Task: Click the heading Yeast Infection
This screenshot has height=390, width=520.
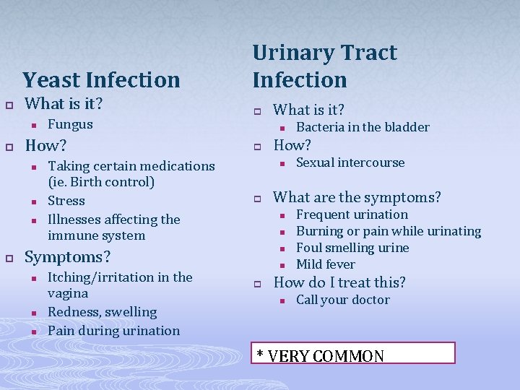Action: tap(101, 79)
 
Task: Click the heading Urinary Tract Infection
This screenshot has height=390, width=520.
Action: tap(324, 66)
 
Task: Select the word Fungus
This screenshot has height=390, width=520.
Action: tap(70, 124)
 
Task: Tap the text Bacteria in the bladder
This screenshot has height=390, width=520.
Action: tap(363, 127)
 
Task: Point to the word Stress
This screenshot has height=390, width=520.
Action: tap(66, 201)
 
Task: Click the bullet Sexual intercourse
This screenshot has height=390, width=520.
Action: tap(350, 162)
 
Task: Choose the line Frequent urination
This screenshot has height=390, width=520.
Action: tap(352, 214)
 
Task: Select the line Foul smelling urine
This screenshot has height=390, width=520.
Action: tap(352, 248)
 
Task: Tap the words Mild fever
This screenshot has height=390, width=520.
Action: tap(326, 264)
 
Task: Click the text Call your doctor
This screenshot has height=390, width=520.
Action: tap(343, 300)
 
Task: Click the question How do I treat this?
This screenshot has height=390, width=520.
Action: tap(339, 282)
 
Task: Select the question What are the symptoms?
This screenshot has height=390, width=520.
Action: tap(357, 197)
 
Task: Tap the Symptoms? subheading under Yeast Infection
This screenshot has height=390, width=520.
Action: tap(68, 257)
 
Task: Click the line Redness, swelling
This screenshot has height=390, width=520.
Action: tap(102, 312)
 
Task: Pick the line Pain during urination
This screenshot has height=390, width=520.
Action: tap(113, 331)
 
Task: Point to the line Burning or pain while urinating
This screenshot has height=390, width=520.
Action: tap(389, 231)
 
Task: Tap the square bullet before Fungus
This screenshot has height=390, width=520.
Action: tap(34, 125)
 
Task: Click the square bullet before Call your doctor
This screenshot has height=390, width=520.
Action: tap(282, 300)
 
